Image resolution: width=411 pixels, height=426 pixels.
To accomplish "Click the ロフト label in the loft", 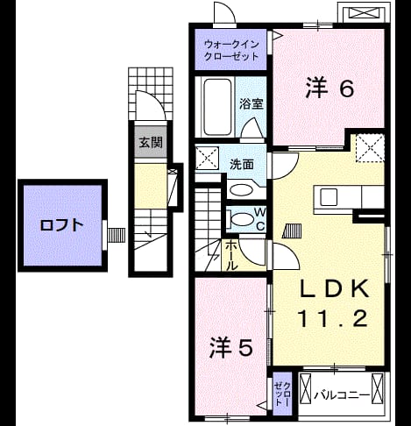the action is click(61, 225).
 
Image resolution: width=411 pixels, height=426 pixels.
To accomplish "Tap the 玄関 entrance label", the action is click(151, 142).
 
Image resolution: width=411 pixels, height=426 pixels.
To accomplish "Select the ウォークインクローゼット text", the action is click(231, 50).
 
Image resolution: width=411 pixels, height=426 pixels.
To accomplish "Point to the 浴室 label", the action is click(252, 104).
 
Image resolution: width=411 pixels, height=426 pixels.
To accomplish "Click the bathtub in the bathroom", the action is click(217, 107).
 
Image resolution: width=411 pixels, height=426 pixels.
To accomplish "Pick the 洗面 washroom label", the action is click(242, 165).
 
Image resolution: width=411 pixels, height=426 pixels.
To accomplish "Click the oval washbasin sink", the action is click(241, 190).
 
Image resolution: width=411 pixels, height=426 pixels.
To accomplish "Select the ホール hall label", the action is click(230, 255).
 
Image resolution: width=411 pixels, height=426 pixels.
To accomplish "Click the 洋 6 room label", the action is click(330, 88).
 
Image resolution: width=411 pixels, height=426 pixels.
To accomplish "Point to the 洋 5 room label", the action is click(230, 347).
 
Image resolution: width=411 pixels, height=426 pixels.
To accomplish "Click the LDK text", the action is click(334, 289).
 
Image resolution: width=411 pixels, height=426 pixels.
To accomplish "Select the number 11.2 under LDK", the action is click(332, 319).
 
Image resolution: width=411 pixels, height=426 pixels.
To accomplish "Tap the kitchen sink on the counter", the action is click(329, 196).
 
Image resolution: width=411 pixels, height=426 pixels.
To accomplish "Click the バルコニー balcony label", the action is click(342, 395).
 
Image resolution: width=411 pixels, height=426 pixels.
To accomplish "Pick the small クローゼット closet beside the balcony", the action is click(282, 394).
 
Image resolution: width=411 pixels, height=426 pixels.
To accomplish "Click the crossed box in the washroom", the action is click(207, 158).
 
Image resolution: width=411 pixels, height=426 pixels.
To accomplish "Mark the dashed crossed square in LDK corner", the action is click(370, 147).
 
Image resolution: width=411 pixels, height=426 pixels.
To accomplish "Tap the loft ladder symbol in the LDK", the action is click(292, 231).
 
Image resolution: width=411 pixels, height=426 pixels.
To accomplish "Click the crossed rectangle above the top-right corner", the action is click(364, 12).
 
